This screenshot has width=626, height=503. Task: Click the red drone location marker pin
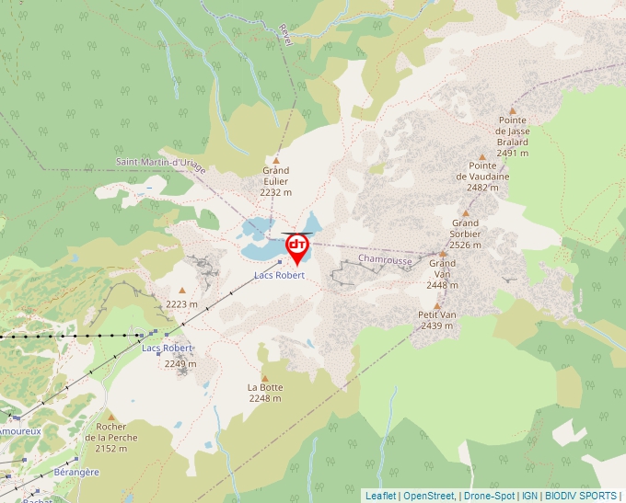coord(297,247)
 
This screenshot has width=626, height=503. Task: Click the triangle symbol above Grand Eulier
coord(275,160)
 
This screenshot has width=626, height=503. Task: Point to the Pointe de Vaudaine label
coord(482,177)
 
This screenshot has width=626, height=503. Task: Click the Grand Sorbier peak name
coord(465,234)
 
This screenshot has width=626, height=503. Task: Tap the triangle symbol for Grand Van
coord(443,252)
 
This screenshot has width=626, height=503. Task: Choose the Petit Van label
coord(436,314)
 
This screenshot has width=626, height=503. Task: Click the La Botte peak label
coord(265,388)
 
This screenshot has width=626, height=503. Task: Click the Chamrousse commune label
coord(385,260)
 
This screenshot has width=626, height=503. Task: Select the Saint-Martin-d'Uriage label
coord(161,164)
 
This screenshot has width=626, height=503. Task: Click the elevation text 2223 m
coord(181,304)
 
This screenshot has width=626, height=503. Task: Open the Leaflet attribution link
coord(380,496)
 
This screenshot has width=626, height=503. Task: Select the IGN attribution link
coord(529,496)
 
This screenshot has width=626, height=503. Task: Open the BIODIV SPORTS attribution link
coord(580,496)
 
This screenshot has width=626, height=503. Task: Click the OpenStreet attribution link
coord(428,496)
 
